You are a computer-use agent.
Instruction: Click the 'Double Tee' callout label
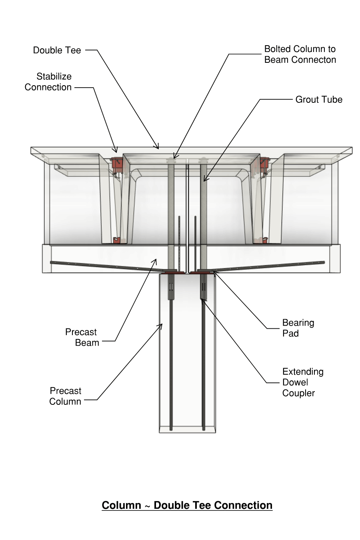[57, 50]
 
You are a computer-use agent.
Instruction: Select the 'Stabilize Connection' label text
[48, 82]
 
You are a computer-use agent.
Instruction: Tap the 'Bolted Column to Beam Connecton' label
[300, 54]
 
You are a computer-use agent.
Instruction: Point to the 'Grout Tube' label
[319, 100]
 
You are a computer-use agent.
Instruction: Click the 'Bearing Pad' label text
[298, 328]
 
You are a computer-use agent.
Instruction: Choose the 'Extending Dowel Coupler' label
[302, 382]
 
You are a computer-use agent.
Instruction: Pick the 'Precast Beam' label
[82, 338]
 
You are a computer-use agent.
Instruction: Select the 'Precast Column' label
[65, 396]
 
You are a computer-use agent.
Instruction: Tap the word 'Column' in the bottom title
[121, 506]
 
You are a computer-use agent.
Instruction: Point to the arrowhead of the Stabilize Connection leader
[116, 152]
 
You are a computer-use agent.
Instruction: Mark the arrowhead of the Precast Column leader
[162, 325]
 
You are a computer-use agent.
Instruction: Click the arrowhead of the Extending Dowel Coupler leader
[202, 299]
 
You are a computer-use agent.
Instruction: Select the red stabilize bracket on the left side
[116, 164]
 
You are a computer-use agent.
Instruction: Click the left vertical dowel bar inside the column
[171, 360]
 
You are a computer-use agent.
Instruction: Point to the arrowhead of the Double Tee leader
[158, 148]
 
